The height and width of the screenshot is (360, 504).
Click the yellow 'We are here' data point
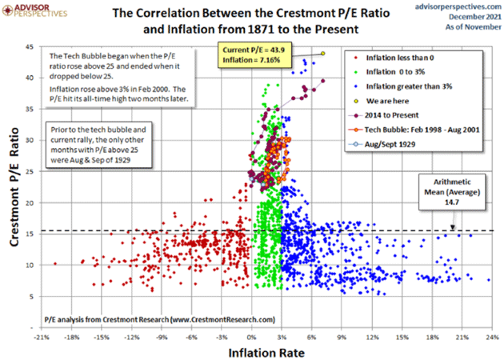tap(322, 54)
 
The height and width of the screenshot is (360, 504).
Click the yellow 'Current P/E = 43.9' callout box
tap(254, 55)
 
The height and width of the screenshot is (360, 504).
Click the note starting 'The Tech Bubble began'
tap(118, 77)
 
